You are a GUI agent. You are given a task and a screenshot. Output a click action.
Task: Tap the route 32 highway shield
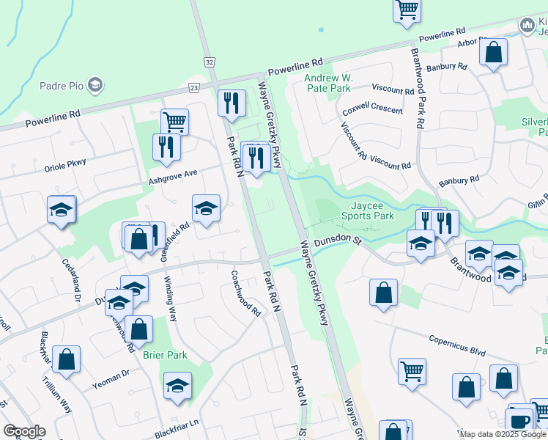[210, 63]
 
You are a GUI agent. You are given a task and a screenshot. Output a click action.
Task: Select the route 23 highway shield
[193, 87]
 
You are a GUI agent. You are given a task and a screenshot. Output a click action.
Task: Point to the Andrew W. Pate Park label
[334, 82]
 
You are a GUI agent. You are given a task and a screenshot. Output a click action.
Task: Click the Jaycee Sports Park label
[368, 211]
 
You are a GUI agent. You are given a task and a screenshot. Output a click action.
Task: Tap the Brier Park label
[166, 355]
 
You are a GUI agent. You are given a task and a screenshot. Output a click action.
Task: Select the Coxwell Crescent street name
[372, 110]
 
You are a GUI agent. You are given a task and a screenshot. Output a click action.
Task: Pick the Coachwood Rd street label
[245, 293]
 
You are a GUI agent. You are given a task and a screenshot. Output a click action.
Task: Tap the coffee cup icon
[520, 422]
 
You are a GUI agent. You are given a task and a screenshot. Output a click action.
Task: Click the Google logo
[24, 431]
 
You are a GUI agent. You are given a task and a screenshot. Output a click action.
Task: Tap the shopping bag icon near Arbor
[493, 52]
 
